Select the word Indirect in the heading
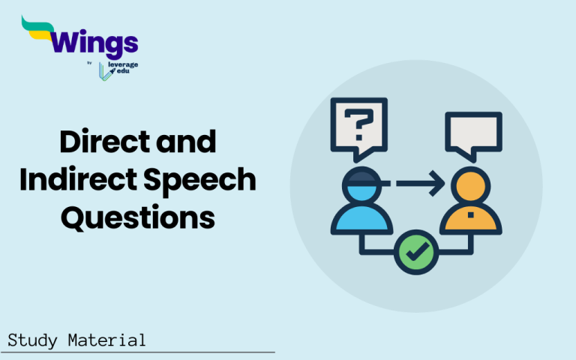click(109, 180)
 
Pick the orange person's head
click(468, 186)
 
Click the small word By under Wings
click(90, 64)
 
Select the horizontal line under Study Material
click(139, 352)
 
